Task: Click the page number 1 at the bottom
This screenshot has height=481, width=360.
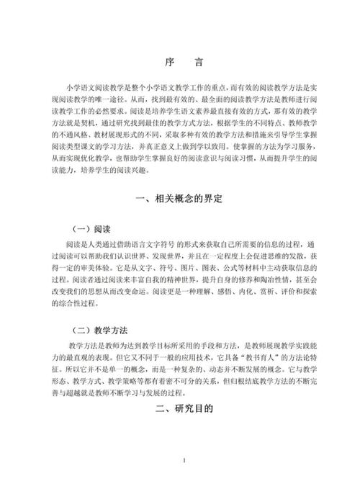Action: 184,460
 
